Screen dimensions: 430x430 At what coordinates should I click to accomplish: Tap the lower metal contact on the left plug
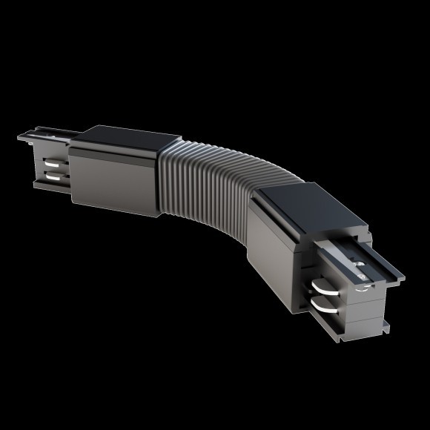53,177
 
